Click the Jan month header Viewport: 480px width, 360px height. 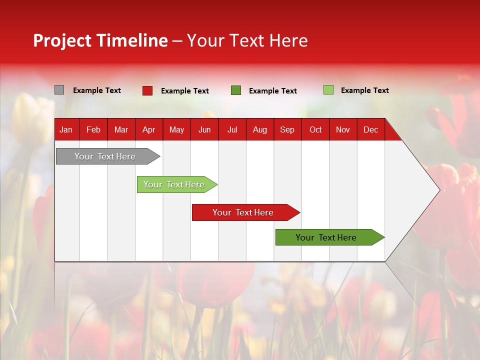[66, 130]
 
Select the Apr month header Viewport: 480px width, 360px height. [148, 130]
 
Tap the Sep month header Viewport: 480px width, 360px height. [287, 130]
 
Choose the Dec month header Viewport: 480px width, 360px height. [370, 130]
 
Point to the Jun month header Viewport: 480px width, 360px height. [204, 130]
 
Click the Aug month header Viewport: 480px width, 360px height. [259, 130]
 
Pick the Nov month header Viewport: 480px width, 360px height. [342, 130]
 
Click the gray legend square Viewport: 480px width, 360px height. [59, 90]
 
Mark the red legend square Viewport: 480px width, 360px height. [147, 90]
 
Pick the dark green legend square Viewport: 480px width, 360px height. [235, 90]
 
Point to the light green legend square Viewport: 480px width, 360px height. [328, 90]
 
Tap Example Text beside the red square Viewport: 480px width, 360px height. [184, 91]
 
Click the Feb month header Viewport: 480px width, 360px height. [93, 130]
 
